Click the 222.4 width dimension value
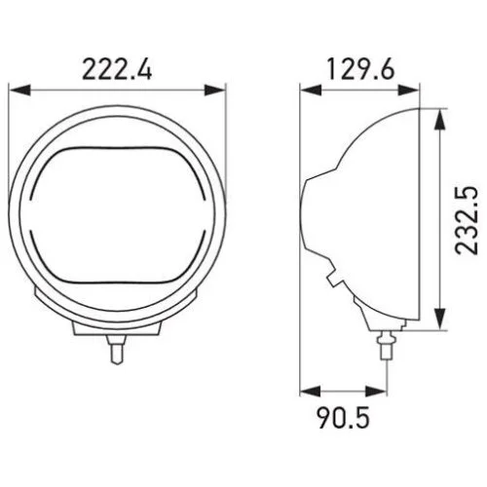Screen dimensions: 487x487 tap(117, 69)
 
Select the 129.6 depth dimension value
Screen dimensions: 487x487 tap(360, 68)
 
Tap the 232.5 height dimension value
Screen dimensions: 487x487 tap(467, 220)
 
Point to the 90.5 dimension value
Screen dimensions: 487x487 tap(343, 418)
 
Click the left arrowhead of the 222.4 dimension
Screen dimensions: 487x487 tap(19, 91)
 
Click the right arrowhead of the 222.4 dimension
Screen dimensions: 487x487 tap(214, 91)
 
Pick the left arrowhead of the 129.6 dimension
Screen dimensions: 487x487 tap(311, 90)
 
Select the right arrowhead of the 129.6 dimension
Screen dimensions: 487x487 tap(408, 90)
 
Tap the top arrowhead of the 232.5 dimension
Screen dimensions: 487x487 tap(439, 120)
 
